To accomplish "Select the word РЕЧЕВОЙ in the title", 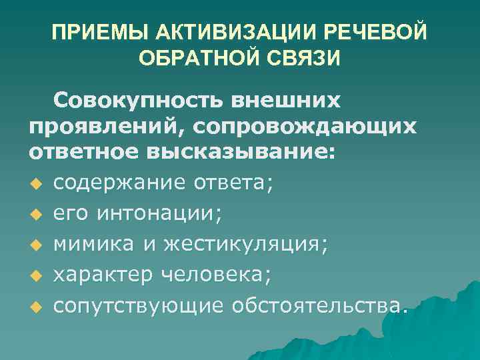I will click(385, 33).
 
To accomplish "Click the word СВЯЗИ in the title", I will click(309, 59).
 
